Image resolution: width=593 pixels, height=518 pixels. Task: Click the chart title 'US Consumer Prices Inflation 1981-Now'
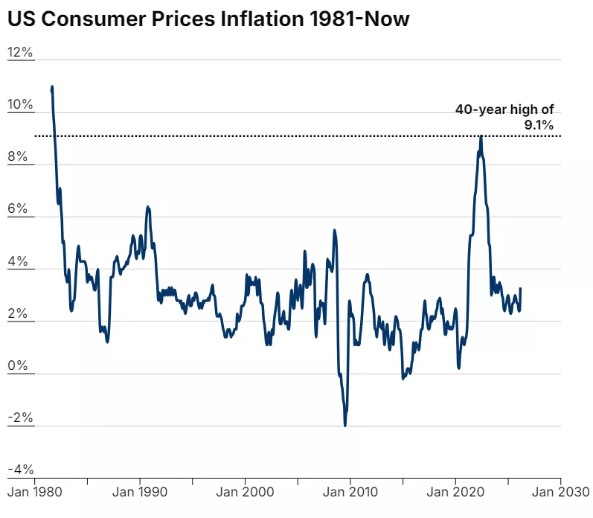pyautogui.click(x=208, y=19)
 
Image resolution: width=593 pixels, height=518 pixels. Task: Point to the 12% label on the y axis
pyautogui.click(x=21, y=53)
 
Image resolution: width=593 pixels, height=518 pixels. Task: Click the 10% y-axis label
pyautogui.click(x=21, y=105)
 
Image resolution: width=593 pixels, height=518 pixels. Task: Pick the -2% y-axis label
pyautogui.click(x=21, y=418)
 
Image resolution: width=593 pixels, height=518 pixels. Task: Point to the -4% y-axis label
pyautogui.click(x=21, y=470)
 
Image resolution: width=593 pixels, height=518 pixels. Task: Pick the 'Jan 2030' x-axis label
pyautogui.click(x=560, y=492)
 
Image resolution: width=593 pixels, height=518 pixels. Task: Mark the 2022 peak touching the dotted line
pyautogui.click(x=481, y=137)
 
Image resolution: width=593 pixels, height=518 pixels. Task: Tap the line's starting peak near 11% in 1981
pyautogui.click(x=52, y=87)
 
